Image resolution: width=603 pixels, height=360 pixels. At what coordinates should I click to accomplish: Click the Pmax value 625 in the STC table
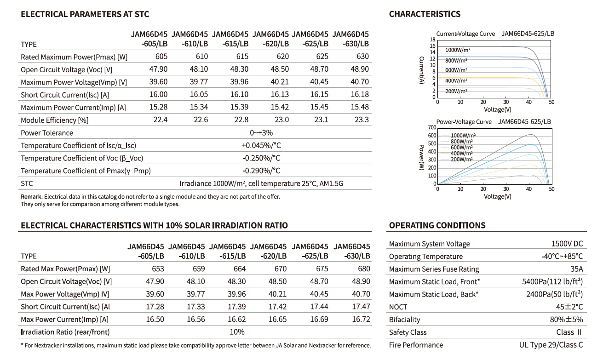(x=322, y=57)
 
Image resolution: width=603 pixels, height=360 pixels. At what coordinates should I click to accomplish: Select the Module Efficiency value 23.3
(x=362, y=120)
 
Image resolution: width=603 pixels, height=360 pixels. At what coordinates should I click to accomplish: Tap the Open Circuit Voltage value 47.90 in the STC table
(x=158, y=69)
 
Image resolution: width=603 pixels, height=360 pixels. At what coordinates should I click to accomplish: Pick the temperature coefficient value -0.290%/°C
(x=261, y=171)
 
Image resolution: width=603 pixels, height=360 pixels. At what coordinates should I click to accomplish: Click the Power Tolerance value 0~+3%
(x=261, y=133)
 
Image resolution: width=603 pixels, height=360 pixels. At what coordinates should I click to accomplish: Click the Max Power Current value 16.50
(x=155, y=319)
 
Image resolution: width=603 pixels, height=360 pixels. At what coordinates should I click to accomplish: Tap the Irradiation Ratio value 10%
(x=237, y=331)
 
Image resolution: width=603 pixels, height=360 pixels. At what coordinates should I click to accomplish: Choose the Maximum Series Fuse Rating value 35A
(x=576, y=269)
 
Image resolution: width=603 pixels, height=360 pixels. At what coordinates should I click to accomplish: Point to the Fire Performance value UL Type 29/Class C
(x=551, y=345)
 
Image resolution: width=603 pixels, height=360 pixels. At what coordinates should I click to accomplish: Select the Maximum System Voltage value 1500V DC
(x=567, y=244)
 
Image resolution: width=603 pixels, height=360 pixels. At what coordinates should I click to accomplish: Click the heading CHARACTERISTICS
(x=425, y=14)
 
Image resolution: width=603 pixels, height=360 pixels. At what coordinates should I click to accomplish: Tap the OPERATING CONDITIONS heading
(x=437, y=225)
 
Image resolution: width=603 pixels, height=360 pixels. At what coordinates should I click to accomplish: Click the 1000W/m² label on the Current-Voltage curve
(x=458, y=50)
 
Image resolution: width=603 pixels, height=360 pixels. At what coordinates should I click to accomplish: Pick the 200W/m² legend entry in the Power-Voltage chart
(x=461, y=159)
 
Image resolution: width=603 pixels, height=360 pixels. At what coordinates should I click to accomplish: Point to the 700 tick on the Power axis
(x=431, y=127)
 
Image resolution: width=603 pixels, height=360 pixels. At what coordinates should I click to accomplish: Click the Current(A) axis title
(x=421, y=70)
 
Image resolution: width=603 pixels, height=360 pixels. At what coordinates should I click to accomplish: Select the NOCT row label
(x=398, y=307)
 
